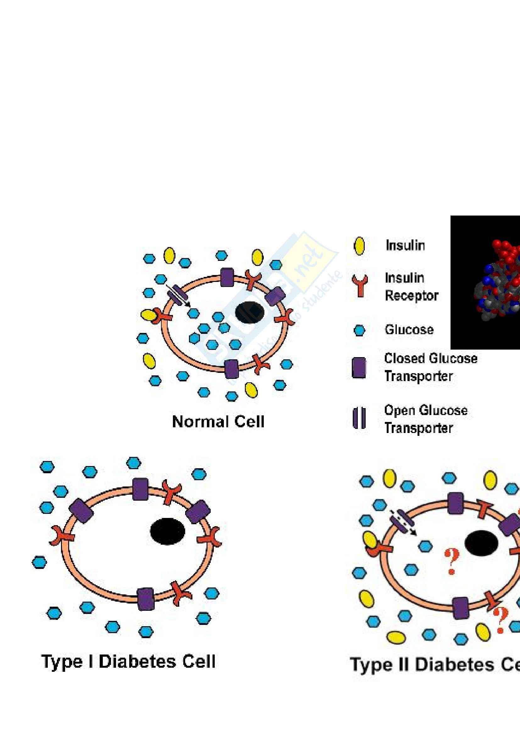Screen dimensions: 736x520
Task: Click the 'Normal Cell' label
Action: (218, 422)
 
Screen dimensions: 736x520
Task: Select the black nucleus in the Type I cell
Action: (168, 531)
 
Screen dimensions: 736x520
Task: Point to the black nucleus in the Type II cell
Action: (481, 543)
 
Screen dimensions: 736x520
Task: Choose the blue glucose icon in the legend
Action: (359, 330)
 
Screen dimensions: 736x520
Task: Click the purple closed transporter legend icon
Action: (359, 368)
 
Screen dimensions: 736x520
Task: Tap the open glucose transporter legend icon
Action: (359, 418)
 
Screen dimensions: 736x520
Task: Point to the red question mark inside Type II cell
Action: (451, 561)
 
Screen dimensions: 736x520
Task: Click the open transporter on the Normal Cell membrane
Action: (178, 294)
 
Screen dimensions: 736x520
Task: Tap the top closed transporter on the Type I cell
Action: (140, 489)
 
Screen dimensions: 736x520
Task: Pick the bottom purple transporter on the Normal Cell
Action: (231, 369)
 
